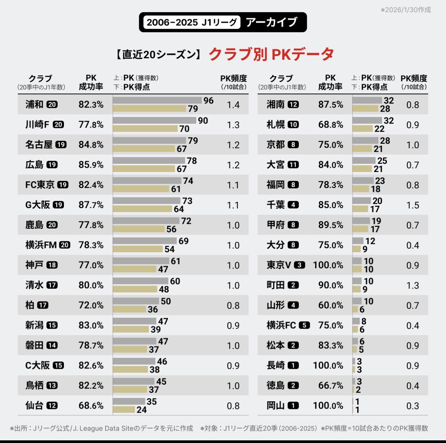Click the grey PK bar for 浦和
pos(157,100)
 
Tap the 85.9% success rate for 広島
pos(91,165)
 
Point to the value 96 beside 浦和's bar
pos(208,101)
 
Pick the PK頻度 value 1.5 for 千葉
pos(413,205)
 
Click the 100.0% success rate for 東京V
pos(328,265)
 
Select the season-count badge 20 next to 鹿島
pos(52,225)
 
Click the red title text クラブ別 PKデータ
pos(271,54)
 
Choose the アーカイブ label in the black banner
pos(271,22)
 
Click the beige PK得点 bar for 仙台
pos(124,409)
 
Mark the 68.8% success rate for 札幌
pos(330,125)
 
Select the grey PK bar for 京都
pos(365,140)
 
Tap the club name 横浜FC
pos(281,325)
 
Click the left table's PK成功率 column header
pos(91,82)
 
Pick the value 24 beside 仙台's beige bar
pos(141,410)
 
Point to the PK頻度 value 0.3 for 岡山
pos(413,406)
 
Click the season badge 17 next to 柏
pos(43,305)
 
